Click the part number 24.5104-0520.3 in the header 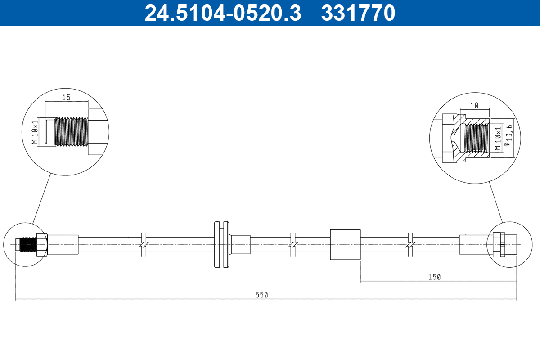222,13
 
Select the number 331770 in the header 358,13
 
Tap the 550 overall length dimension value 262,295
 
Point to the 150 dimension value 434,277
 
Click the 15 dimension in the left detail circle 67,97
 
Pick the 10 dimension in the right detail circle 474,105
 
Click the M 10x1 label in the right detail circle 497,138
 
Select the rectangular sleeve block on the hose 345,244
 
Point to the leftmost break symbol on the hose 144,244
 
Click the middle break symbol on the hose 293,244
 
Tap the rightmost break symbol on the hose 410,244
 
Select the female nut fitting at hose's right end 499,244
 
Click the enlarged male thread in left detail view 71,132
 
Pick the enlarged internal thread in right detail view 476,138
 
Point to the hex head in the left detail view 98,132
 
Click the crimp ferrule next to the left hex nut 63,244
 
